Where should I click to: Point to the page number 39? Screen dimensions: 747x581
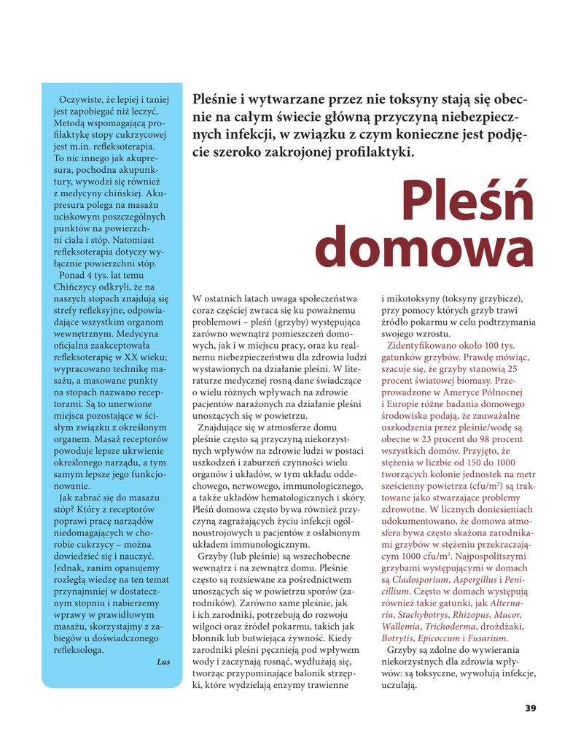click(x=530, y=708)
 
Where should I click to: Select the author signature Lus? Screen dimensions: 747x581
click(x=163, y=662)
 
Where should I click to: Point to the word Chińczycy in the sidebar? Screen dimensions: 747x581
click(x=77, y=286)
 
